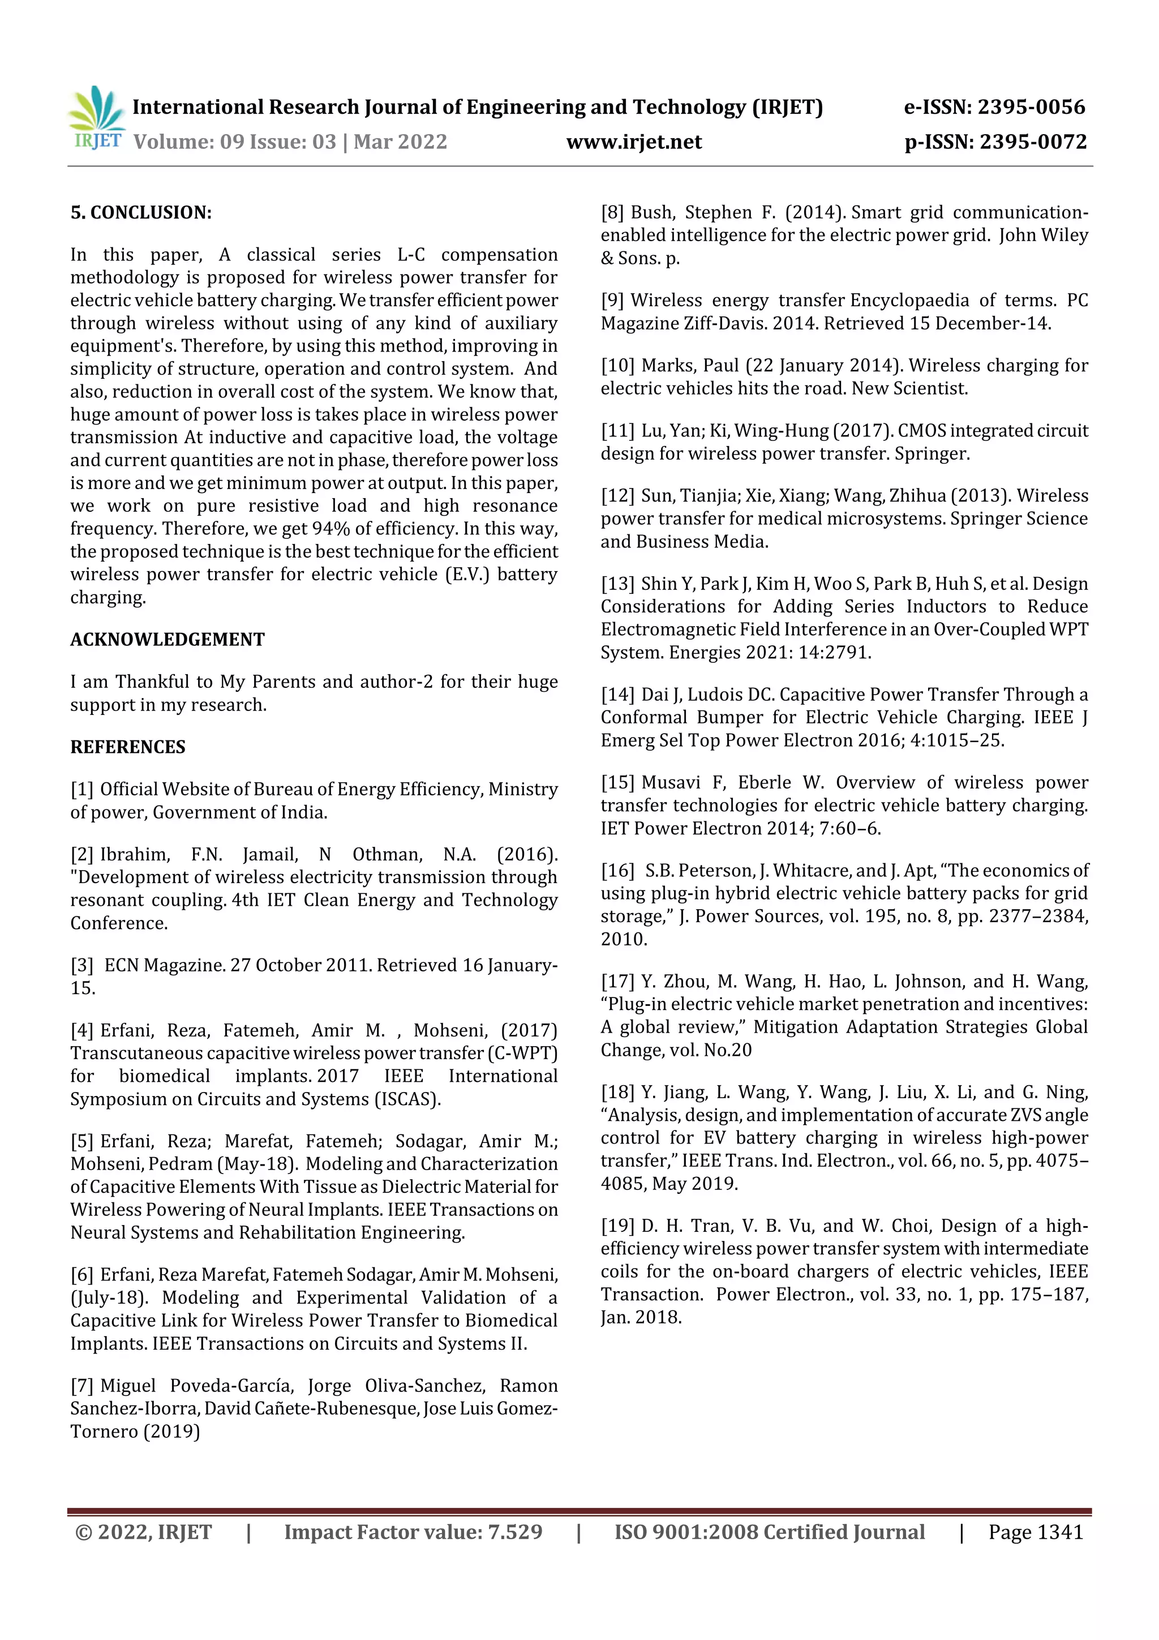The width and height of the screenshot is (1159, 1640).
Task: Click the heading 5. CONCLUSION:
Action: [x=141, y=213]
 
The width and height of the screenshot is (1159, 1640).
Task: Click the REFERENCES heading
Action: [x=128, y=747]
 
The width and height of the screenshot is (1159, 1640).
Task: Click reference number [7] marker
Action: [x=82, y=1386]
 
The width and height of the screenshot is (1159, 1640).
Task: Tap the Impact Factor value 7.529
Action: [x=515, y=1532]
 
